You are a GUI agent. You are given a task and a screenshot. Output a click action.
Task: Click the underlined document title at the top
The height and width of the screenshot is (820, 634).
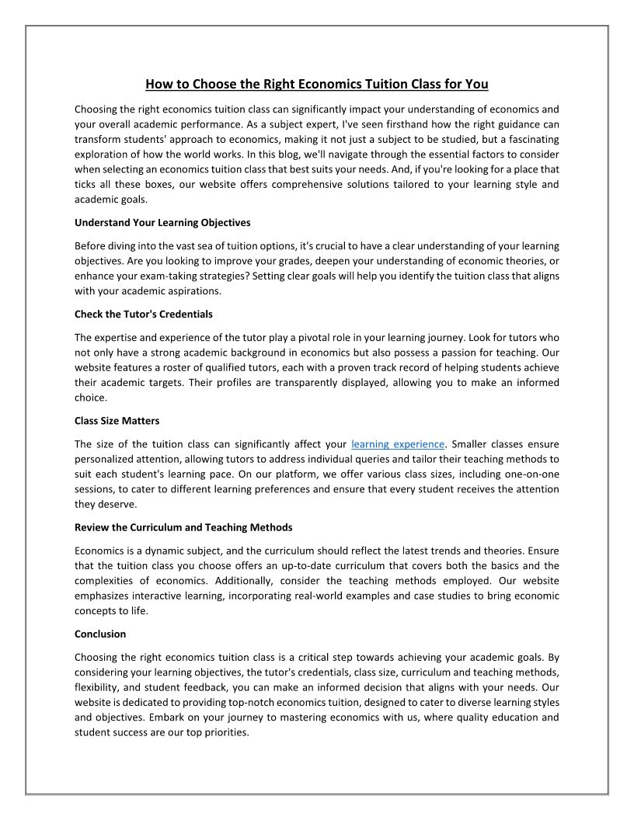click(316, 84)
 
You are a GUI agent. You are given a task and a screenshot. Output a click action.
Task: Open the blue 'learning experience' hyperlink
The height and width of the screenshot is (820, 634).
click(398, 444)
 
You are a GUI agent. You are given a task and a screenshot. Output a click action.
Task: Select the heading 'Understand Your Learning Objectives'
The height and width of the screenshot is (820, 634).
click(162, 222)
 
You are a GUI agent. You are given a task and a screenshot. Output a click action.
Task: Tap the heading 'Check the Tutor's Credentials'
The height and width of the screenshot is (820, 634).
click(143, 314)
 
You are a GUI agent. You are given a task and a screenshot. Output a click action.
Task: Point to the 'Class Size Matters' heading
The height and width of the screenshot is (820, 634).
click(117, 421)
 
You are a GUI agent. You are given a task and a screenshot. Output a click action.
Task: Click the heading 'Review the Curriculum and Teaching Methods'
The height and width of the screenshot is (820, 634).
click(183, 527)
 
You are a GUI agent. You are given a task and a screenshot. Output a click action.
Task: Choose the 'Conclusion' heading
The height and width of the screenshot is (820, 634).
click(99, 634)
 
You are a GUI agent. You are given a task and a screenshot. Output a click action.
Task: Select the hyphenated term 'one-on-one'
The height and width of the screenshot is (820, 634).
click(531, 474)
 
